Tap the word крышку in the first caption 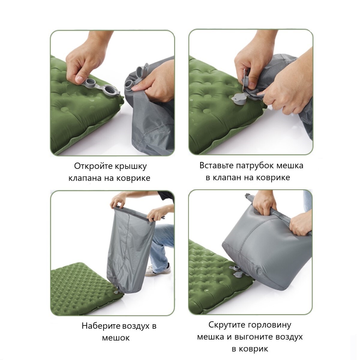point(130,166)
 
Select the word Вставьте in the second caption point(217,166)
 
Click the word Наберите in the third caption point(101,326)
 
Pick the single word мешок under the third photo point(116,338)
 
